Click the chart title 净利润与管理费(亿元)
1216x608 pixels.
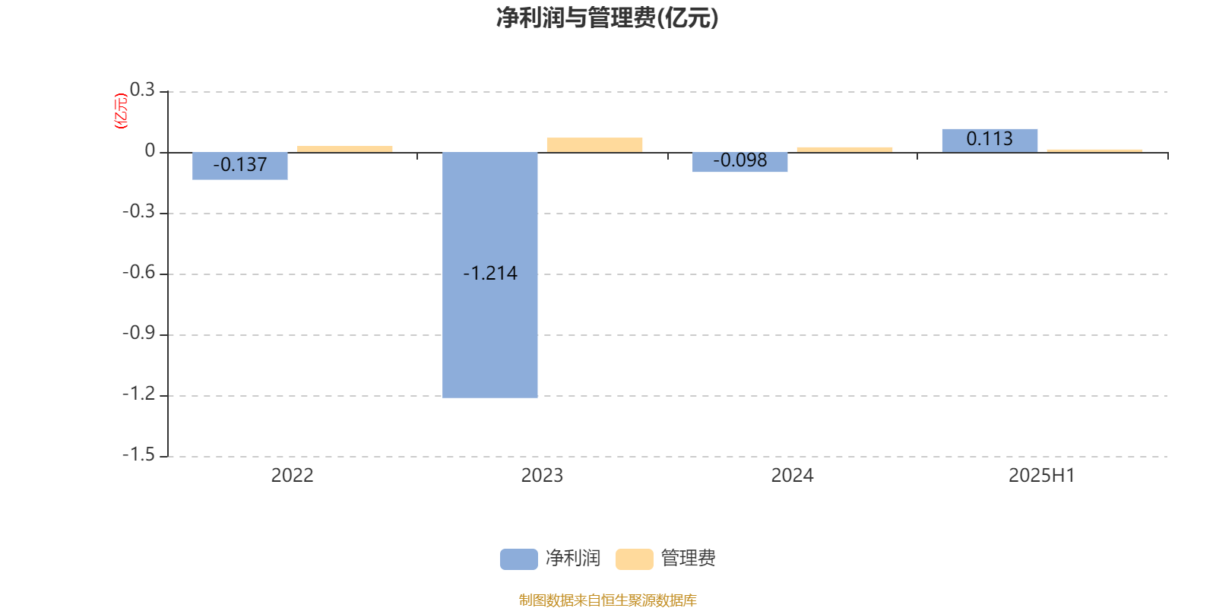pyautogui.click(x=607, y=18)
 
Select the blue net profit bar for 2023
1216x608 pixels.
pyautogui.click(x=490, y=275)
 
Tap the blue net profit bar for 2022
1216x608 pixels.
pyautogui.click(x=240, y=166)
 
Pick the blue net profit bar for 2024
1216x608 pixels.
pyautogui.click(x=740, y=163)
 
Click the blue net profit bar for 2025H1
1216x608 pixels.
pyautogui.click(x=990, y=141)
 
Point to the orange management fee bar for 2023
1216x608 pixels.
pyautogui.click(x=594, y=145)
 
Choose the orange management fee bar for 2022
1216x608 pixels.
pyautogui.click(x=345, y=149)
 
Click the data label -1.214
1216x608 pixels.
pyautogui.click(x=490, y=273)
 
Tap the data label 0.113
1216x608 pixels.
pyautogui.click(x=990, y=139)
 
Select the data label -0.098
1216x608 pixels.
pyautogui.click(x=740, y=160)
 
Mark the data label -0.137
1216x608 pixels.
pyautogui.click(x=240, y=164)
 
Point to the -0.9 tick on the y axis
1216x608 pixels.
pyautogui.click(x=139, y=334)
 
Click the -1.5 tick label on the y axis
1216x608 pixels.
pyautogui.click(x=139, y=455)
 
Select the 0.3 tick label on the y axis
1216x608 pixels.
pyautogui.click(x=142, y=90)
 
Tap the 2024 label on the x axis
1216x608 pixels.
pyautogui.click(x=792, y=476)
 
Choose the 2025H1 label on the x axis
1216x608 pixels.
pyautogui.click(x=1042, y=476)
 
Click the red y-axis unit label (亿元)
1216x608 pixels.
pyautogui.click(x=121, y=111)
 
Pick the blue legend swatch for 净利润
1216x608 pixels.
pyautogui.click(x=519, y=559)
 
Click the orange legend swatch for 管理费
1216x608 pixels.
pyautogui.click(x=634, y=559)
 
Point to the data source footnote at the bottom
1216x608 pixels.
pyautogui.click(x=607, y=600)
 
